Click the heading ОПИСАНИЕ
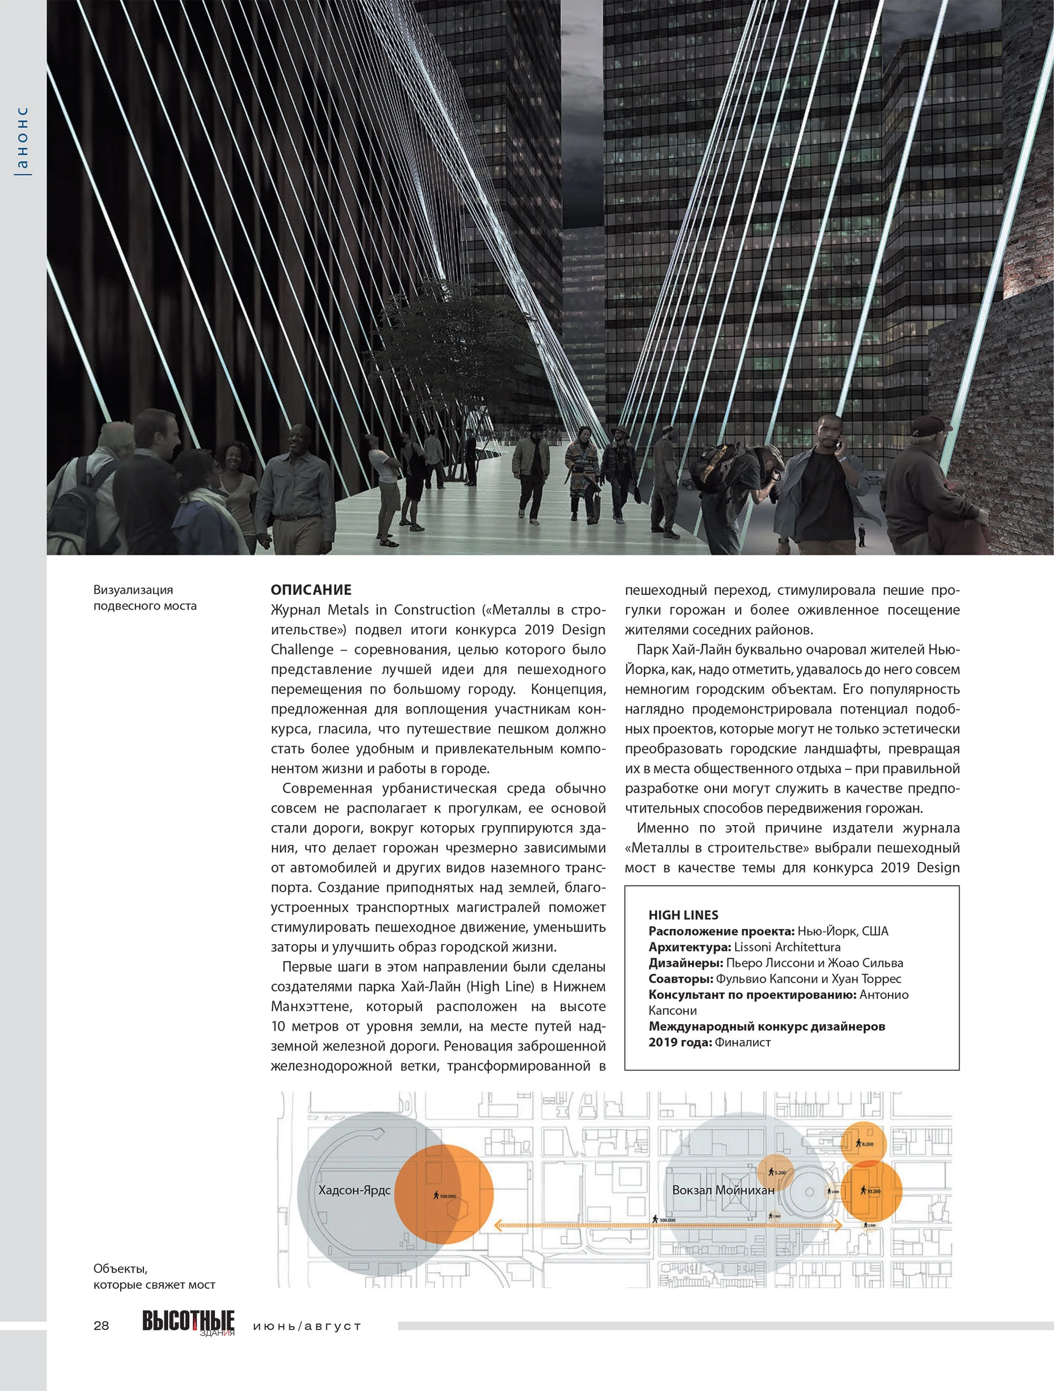tap(310, 590)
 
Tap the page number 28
tap(101, 1325)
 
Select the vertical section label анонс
tap(23, 140)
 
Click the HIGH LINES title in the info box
tap(683, 915)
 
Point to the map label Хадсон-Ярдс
tap(354, 1190)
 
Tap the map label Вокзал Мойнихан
tap(723, 1190)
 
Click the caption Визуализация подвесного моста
tap(144, 597)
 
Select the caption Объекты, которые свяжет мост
tap(154, 1277)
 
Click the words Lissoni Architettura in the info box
tap(787, 947)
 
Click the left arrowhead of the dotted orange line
tap(497, 1225)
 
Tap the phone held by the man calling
tap(838, 443)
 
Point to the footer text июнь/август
tap(307, 1326)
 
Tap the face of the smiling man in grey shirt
tap(299, 438)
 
